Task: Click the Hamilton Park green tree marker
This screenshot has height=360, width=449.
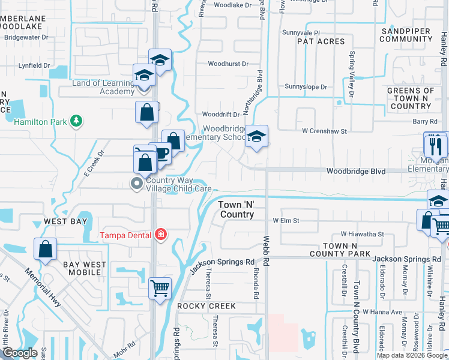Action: tap(76, 121)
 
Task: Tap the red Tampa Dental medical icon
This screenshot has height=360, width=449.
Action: tap(160, 234)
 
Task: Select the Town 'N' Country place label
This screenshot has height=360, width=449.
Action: tap(237, 209)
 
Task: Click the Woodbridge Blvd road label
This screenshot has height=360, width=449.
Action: tap(355, 171)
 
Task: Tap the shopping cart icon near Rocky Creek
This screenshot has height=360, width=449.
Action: tap(160, 288)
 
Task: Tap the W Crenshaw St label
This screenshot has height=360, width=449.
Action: tap(324, 131)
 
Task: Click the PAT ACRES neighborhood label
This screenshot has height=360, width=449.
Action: tap(321, 41)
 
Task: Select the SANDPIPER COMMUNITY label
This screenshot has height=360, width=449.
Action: tap(406, 34)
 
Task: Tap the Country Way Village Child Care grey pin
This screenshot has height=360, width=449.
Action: tap(137, 184)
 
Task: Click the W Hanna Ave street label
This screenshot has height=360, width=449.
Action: tap(385, 312)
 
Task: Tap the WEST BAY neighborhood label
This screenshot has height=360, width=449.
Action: tap(65, 222)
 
